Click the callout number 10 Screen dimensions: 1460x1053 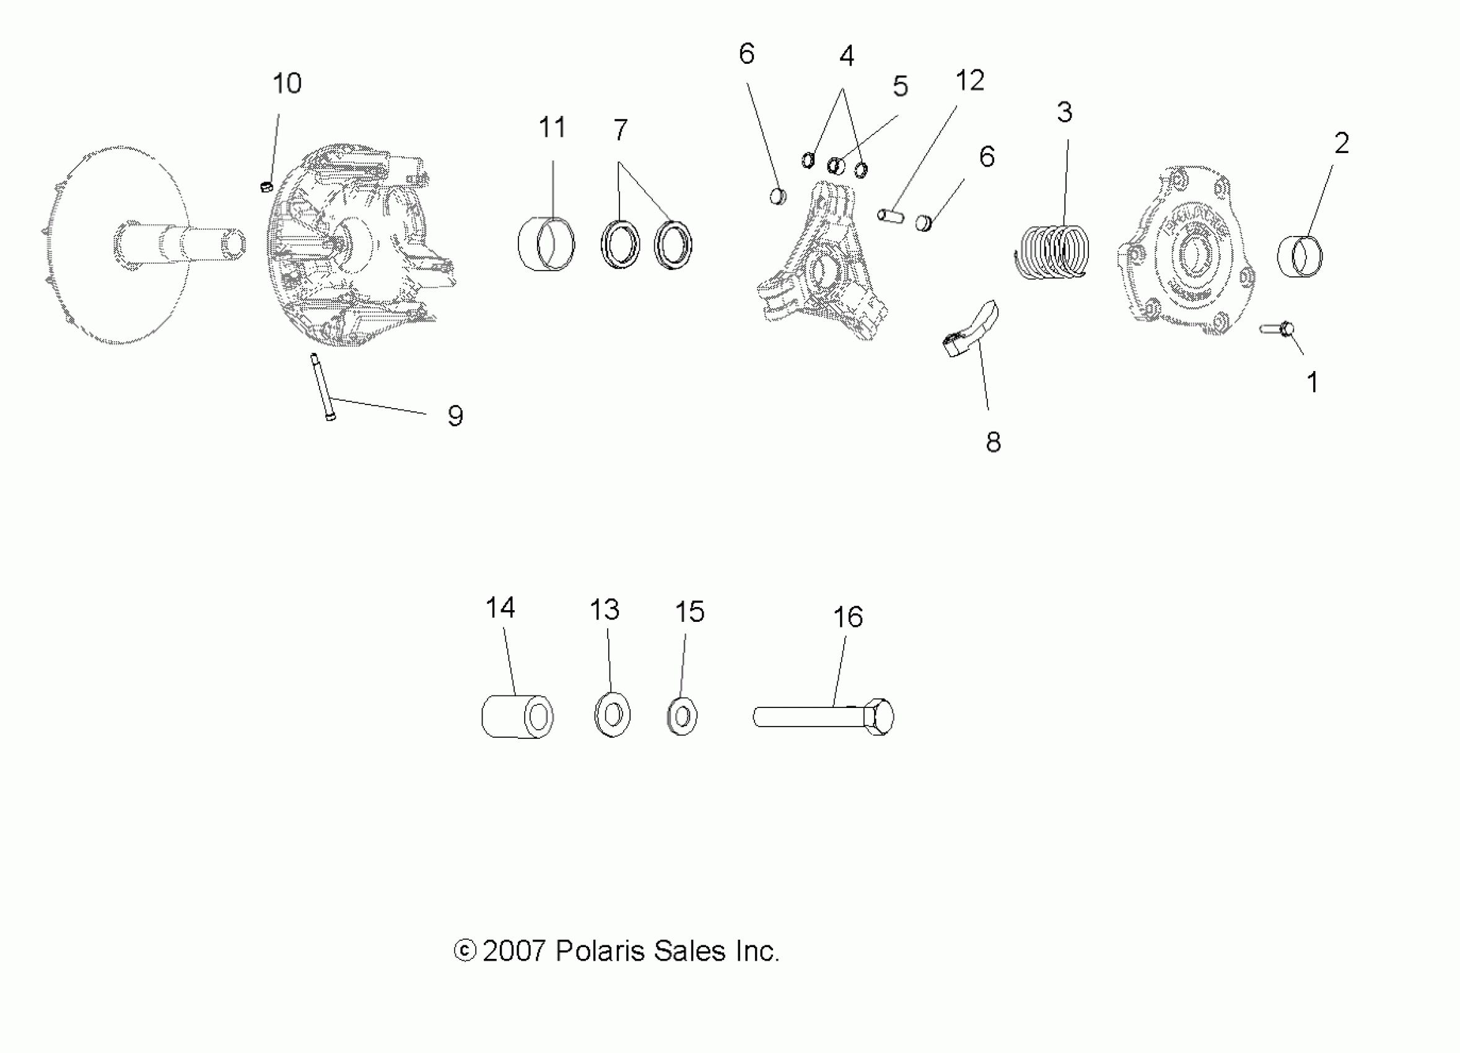pos(286,84)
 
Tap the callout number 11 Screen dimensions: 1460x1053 pos(553,128)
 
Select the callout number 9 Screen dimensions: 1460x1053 pos(455,416)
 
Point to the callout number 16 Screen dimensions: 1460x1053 pos(848,618)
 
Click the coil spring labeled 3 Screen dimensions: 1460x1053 pos(1052,251)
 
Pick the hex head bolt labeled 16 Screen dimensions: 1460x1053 pos(824,716)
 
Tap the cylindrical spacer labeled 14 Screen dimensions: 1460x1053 pos(518,716)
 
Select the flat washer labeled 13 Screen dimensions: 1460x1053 pos(612,714)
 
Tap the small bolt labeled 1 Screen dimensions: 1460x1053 pos(1278,330)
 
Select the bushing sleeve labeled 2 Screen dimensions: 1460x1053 pos(1300,256)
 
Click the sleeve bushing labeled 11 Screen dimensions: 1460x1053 pos(546,244)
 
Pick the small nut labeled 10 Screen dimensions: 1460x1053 pos(266,186)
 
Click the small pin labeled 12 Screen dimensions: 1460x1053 pos(891,214)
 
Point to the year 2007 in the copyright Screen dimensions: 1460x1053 pos(514,951)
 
